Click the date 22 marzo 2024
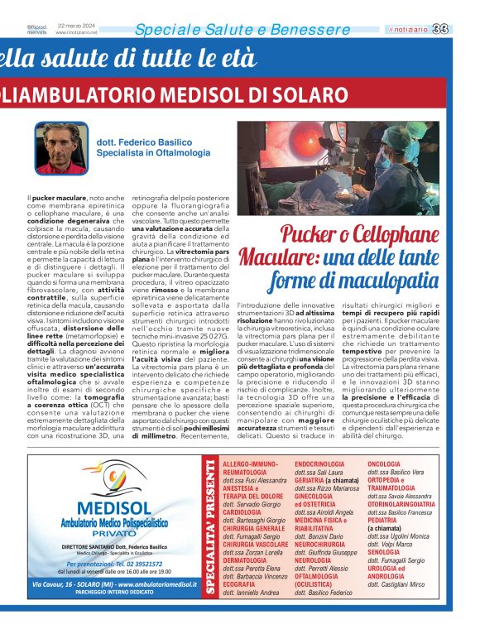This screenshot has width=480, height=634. pos(73,26)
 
